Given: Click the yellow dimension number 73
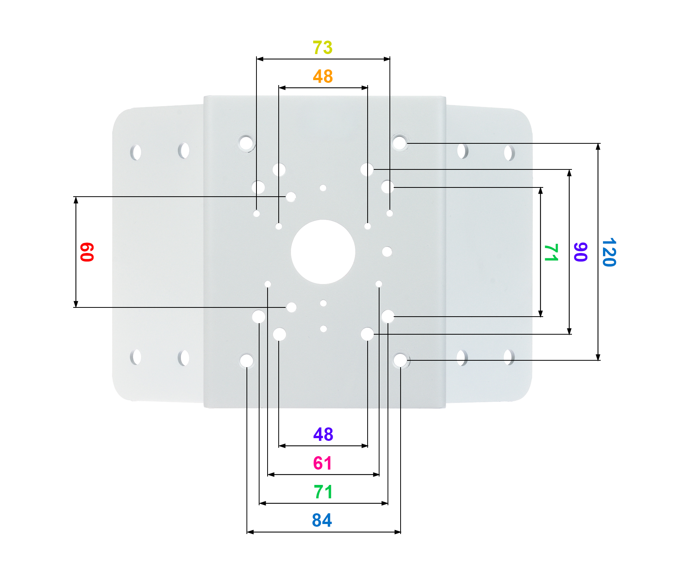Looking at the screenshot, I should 322,48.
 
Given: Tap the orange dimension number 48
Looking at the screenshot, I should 323,76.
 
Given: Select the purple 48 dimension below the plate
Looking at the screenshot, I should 323,434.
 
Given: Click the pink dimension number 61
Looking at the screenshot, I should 322,463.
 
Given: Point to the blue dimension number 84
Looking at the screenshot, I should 322,520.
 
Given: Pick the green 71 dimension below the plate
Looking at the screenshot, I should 323,492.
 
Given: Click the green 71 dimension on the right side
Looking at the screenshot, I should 551,252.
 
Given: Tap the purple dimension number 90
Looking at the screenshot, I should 580,252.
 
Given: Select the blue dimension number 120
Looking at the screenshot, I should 609,252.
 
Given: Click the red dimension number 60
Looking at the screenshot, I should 87,252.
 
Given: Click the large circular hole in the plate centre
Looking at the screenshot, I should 323,252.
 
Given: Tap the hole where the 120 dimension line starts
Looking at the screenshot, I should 399,143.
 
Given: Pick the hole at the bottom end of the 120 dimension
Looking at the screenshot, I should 400,360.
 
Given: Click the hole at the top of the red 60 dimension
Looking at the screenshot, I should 291,197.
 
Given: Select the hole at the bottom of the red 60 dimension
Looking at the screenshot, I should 291,307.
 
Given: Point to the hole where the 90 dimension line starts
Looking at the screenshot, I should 367,169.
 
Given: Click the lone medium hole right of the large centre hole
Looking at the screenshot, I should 387,252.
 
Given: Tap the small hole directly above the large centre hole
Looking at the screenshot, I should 323,188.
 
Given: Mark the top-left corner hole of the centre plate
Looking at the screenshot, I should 246,143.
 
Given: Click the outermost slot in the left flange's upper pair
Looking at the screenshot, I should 136,152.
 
